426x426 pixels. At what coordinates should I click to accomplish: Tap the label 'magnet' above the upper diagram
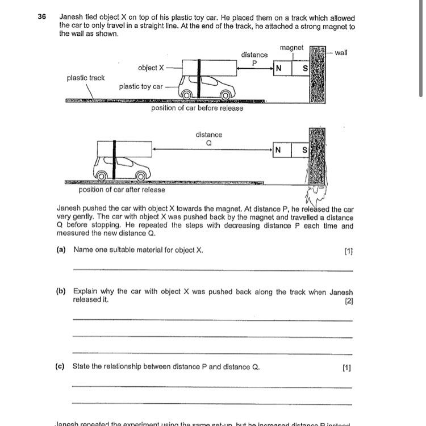(292, 48)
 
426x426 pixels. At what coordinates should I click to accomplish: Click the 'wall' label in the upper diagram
(341, 53)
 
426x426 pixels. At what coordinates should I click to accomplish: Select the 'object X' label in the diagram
(151, 68)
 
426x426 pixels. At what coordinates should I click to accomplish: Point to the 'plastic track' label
(86, 78)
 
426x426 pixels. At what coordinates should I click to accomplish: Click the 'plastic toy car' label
(140, 87)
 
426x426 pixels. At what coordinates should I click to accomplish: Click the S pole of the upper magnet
(305, 69)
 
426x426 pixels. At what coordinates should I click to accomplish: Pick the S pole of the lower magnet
(304, 150)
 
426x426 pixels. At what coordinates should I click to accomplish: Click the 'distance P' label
(254, 59)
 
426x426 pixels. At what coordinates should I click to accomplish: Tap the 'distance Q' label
(208, 139)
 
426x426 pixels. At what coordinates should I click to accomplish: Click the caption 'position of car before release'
(197, 108)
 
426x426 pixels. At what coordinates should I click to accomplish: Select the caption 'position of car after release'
(122, 190)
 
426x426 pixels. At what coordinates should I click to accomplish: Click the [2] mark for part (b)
(349, 301)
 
